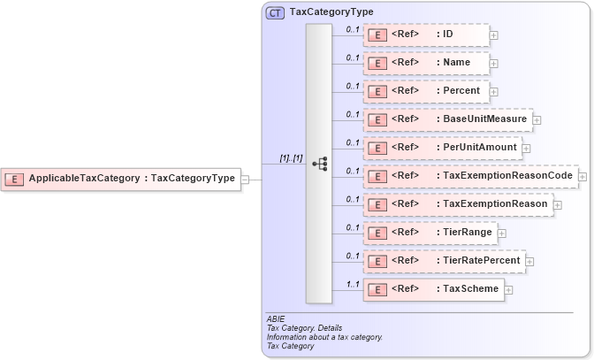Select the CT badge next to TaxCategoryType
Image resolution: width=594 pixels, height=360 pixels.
click(275, 12)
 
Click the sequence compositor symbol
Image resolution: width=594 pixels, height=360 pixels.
click(319, 164)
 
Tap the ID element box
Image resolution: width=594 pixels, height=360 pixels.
click(425, 34)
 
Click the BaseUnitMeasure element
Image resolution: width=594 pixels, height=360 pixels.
click(446, 119)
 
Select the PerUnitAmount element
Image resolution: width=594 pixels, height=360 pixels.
click(442, 148)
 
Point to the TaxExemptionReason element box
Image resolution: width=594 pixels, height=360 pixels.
click(457, 204)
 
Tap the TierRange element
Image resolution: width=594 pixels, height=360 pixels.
click(429, 233)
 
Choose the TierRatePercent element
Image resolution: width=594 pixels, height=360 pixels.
click(444, 261)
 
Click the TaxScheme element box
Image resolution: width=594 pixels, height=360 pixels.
click(433, 289)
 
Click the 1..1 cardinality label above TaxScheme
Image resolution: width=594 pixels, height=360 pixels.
click(352, 284)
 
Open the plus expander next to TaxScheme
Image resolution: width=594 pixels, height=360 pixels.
click(509, 290)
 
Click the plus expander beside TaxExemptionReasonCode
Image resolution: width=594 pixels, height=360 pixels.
click(583, 177)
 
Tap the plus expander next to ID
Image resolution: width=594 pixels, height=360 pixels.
click(494, 35)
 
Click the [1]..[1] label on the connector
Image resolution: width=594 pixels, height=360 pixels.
click(291, 158)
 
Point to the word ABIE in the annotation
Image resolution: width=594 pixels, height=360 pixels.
click(276, 318)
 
